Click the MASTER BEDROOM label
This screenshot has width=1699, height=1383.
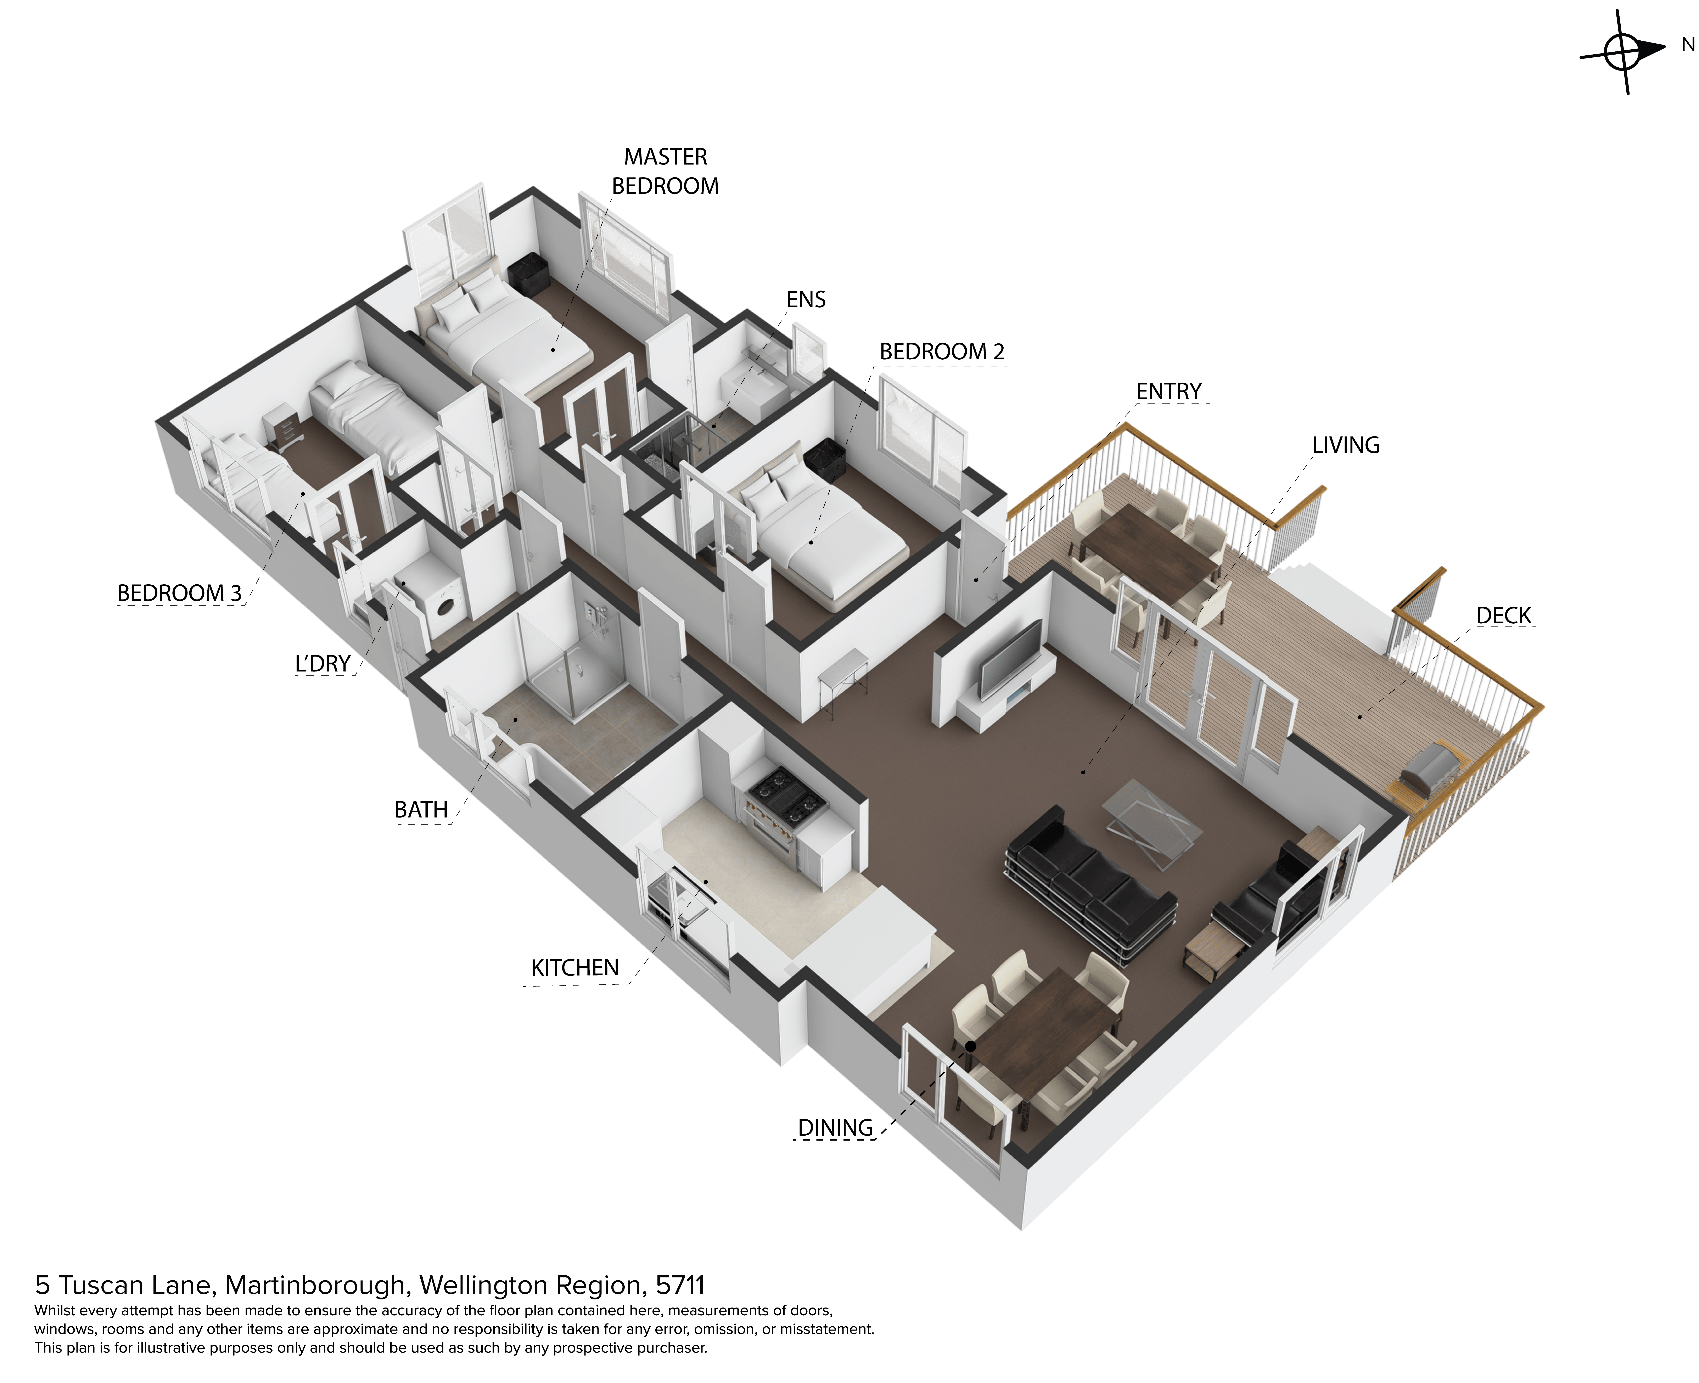pyautogui.click(x=665, y=171)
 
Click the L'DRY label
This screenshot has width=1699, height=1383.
pyautogui.click(x=323, y=664)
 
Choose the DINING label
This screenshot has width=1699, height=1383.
pyautogui.click(x=836, y=1128)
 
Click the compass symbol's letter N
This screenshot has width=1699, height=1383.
pyautogui.click(x=1688, y=45)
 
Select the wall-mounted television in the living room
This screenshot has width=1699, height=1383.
pyautogui.click(x=1010, y=658)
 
